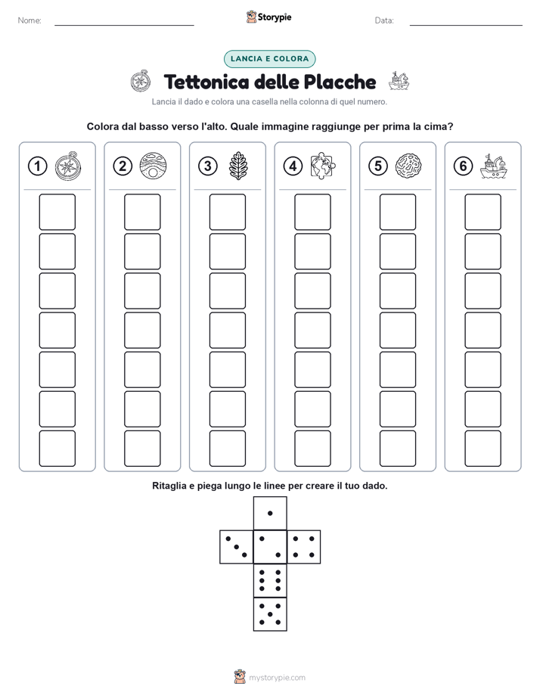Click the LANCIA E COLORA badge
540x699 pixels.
coord(269,59)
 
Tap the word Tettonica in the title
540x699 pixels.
coord(206,82)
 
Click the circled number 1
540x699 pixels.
coord(37,166)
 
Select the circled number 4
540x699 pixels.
coord(293,166)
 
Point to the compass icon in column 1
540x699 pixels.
coord(68,166)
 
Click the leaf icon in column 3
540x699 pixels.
coord(238,166)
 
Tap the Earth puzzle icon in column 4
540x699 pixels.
coord(323,166)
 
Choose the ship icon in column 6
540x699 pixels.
coord(494,166)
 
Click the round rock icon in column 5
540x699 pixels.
coord(408,166)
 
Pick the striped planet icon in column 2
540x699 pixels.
coord(153,166)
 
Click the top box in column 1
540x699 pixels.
coord(57,212)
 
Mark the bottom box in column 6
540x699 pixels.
coord(483,449)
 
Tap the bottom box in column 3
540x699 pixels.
coord(227,449)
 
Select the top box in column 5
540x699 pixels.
coord(398,212)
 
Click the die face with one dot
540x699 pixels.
coord(270,513)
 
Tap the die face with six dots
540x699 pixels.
coord(270,580)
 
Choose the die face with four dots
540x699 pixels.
coord(304,547)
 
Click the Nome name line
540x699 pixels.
coord(124,25)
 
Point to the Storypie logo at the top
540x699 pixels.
coord(268,17)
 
